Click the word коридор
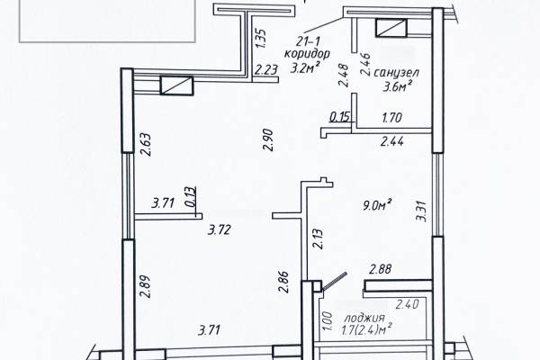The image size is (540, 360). (307, 54)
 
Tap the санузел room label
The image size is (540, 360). (396, 73)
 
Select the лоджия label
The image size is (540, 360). (364, 318)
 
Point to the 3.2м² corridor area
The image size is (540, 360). (304, 67)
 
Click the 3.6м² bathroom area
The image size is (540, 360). (398, 86)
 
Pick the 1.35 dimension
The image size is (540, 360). (261, 38)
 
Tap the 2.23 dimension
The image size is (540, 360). (265, 70)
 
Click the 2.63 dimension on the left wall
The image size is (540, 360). (146, 144)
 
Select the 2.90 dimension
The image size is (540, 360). (268, 139)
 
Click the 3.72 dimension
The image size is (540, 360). (220, 229)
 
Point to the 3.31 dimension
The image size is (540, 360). (421, 211)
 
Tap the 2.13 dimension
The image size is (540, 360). (318, 238)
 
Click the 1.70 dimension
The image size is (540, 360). (391, 118)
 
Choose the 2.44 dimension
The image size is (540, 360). (391, 141)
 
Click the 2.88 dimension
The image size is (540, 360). (380, 269)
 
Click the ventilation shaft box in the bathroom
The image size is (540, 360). (391, 28)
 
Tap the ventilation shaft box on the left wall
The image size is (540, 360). (176, 85)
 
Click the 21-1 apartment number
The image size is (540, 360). (308, 41)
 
